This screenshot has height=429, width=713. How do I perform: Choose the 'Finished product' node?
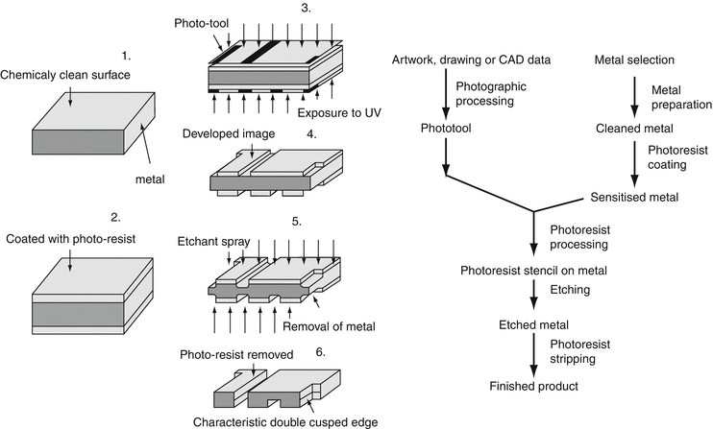coord(532,386)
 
